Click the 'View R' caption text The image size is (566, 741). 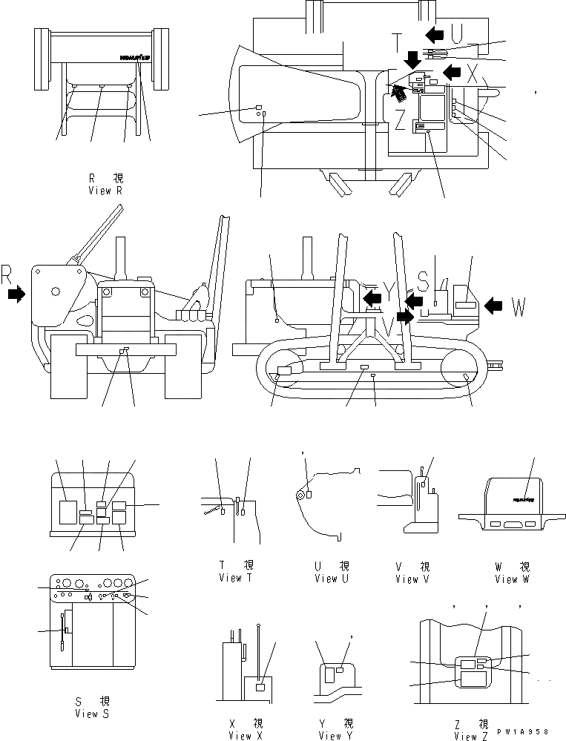tap(104, 191)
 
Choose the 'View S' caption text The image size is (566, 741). tap(93, 714)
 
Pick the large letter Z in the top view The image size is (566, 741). tap(399, 119)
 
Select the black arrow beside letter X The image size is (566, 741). tap(453, 71)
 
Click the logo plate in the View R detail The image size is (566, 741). tap(134, 57)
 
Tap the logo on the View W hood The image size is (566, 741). tap(522, 499)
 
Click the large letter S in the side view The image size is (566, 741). tap(422, 281)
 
